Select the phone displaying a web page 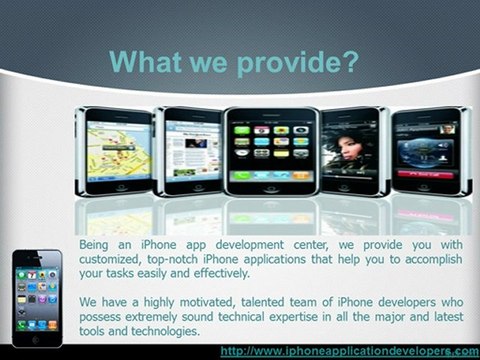pos(191,150)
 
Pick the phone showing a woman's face pos(350,150)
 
